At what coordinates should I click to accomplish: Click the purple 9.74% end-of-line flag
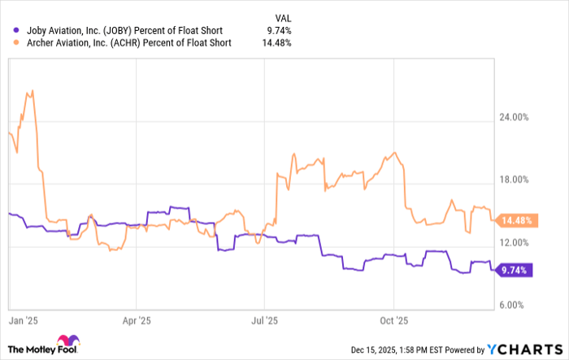pos(515,270)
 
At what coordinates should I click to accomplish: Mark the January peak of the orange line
pos(30,91)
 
